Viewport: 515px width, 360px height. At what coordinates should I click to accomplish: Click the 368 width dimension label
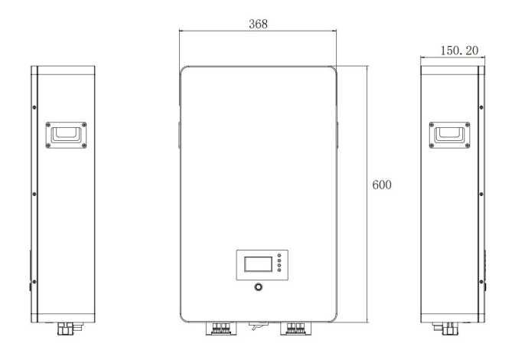click(258, 24)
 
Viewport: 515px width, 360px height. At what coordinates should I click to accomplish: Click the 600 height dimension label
click(382, 185)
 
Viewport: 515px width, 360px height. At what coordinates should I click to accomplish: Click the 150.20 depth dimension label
click(459, 51)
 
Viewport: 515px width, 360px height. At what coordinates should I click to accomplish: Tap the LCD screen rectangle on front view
click(258, 264)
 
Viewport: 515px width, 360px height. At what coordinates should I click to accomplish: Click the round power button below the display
click(259, 287)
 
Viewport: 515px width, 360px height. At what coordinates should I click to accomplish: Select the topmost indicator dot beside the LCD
click(279, 255)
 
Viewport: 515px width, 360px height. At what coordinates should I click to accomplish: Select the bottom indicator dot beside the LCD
click(279, 270)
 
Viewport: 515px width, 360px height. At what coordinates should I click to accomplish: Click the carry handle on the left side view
click(66, 135)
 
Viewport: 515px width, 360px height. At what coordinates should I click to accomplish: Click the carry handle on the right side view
click(449, 135)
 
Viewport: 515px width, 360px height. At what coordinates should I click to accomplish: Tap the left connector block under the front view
click(221, 329)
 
